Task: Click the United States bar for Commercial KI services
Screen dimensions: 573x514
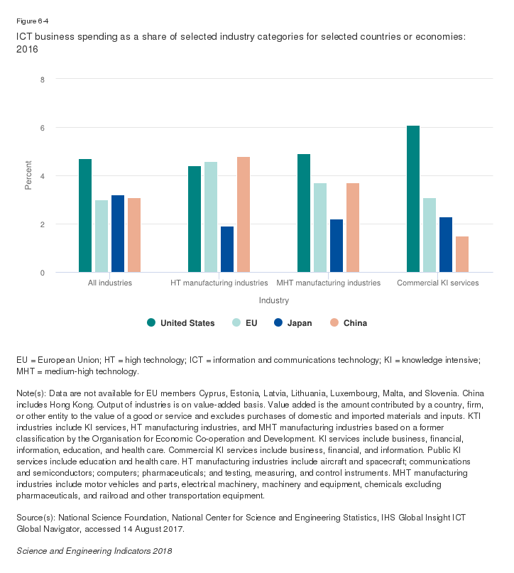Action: point(413,199)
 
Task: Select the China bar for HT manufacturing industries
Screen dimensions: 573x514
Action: point(244,214)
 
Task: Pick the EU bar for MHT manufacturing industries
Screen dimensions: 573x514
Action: point(320,228)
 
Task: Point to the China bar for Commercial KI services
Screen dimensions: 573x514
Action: point(462,254)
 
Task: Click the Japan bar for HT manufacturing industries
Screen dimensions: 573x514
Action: point(227,249)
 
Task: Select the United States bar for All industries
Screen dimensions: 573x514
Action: point(85,216)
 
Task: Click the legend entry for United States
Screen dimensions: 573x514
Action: point(187,323)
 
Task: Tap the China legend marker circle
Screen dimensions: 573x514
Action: point(334,323)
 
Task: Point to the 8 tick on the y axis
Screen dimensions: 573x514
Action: point(43,80)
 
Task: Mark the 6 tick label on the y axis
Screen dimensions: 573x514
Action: point(43,128)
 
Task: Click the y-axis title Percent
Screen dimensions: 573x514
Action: point(29,176)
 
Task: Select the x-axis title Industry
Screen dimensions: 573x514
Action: point(273,301)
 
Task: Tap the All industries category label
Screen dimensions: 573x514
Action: point(110,283)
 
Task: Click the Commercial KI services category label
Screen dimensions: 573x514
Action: point(437,283)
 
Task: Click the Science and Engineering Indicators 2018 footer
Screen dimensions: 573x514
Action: point(94,550)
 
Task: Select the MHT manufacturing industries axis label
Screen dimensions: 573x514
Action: point(329,283)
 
